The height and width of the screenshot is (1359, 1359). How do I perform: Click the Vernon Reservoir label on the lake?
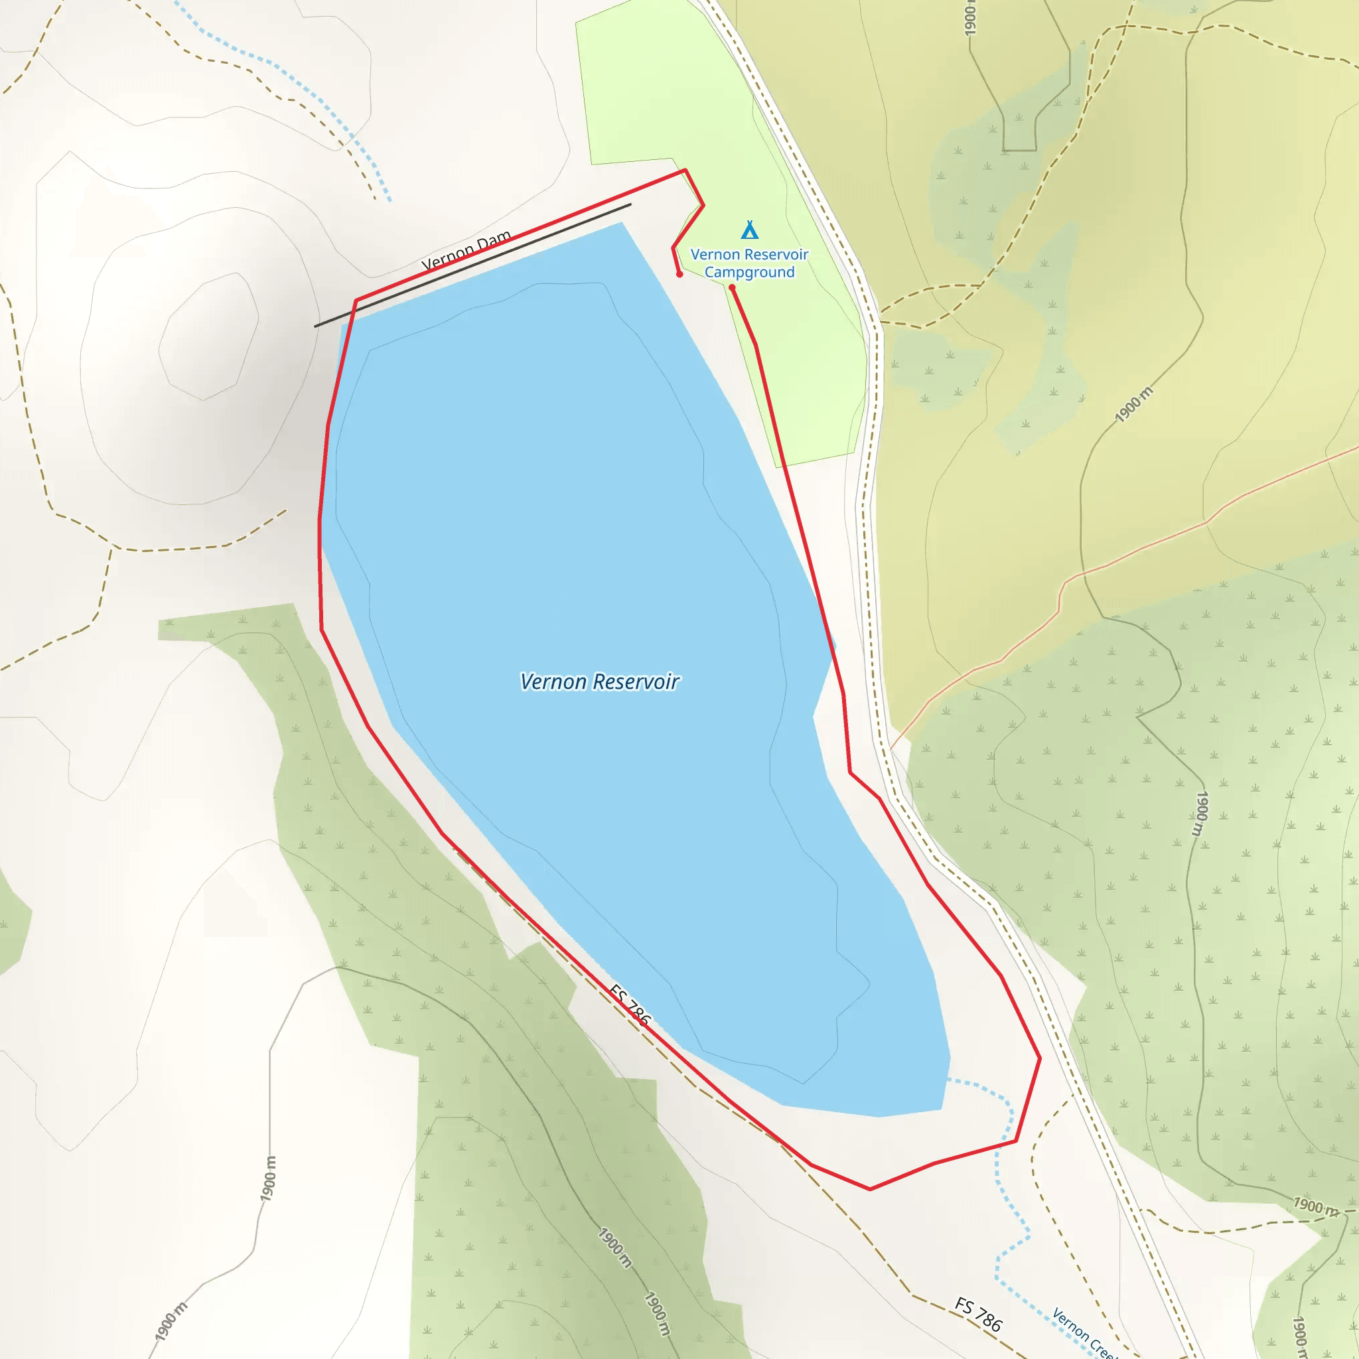(599, 681)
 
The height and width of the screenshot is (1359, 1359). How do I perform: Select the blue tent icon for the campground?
(749, 230)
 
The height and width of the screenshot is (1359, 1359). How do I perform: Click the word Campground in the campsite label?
(749, 272)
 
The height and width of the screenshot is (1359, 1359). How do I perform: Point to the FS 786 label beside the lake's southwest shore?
(630, 1005)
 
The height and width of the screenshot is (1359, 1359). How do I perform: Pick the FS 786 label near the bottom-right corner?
(977, 1315)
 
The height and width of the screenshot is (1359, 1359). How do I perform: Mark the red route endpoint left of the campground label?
(679, 274)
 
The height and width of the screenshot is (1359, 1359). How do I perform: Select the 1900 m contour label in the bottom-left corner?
(171, 1321)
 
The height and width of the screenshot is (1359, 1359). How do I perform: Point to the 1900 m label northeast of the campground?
(1134, 405)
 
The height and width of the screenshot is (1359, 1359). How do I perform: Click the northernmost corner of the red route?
(685, 171)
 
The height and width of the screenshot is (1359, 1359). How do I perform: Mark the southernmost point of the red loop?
(870, 1188)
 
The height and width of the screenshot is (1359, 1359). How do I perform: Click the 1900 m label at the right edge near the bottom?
(1315, 1206)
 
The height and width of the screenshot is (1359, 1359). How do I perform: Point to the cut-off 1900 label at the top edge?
(970, 18)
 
